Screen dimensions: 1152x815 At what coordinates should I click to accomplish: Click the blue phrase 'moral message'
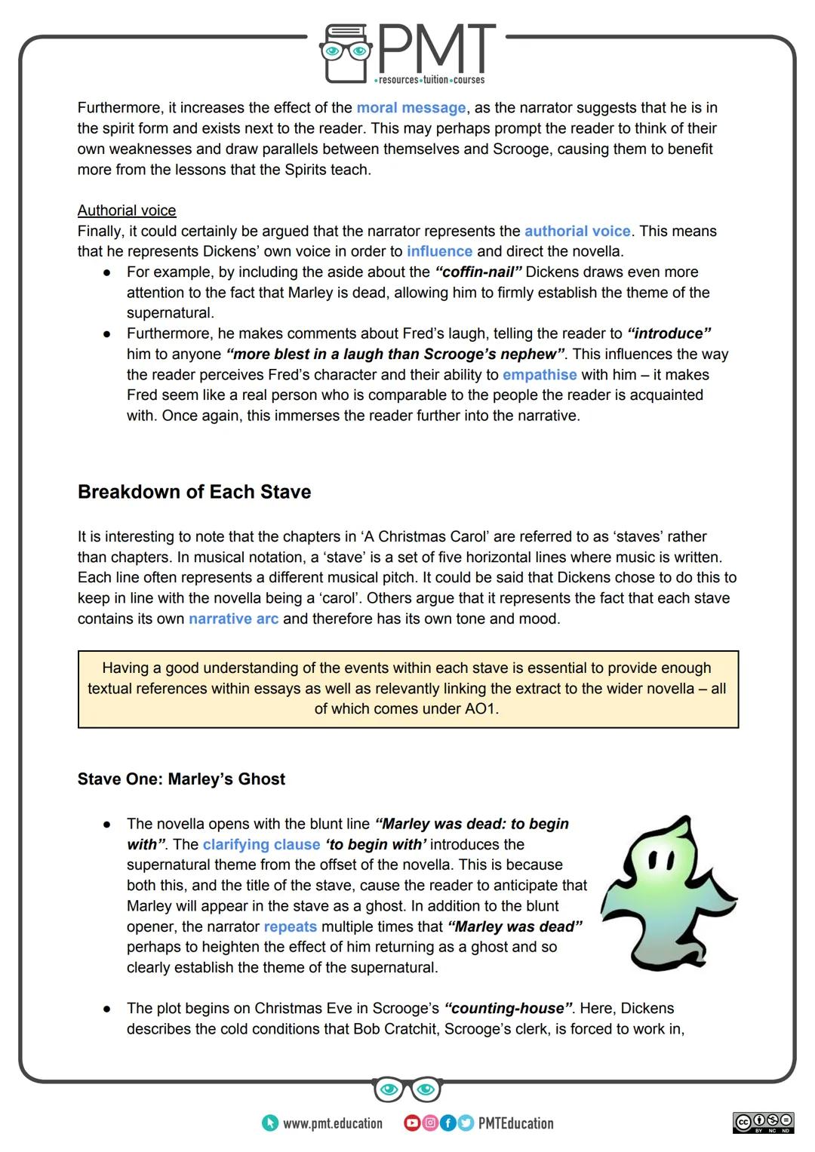pos(411,108)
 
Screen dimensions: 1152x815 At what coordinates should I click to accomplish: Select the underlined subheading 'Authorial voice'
pos(127,210)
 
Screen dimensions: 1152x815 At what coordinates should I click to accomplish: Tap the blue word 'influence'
pos(439,251)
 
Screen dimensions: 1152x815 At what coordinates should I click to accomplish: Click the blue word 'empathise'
pos(540,374)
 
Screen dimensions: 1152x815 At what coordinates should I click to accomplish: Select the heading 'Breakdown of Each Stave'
pos(194,492)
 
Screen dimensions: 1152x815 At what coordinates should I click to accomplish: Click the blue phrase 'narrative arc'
pos(233,619)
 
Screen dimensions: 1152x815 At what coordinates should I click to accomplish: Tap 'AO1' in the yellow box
pos(481,708)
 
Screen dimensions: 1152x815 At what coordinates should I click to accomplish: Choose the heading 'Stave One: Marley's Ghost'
pos(181,779)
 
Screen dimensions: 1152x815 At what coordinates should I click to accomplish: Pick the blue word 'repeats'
pos(290,926)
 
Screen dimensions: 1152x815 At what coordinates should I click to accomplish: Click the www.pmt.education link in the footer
pos(332,1123)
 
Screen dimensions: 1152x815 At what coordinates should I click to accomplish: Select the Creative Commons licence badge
pos(763,1123)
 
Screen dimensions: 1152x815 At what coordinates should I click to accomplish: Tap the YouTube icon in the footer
pos(411,1123)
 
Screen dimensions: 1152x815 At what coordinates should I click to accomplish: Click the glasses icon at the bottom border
pos(407,1089)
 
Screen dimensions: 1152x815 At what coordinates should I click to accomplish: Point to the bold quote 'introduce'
pos(669,333)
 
